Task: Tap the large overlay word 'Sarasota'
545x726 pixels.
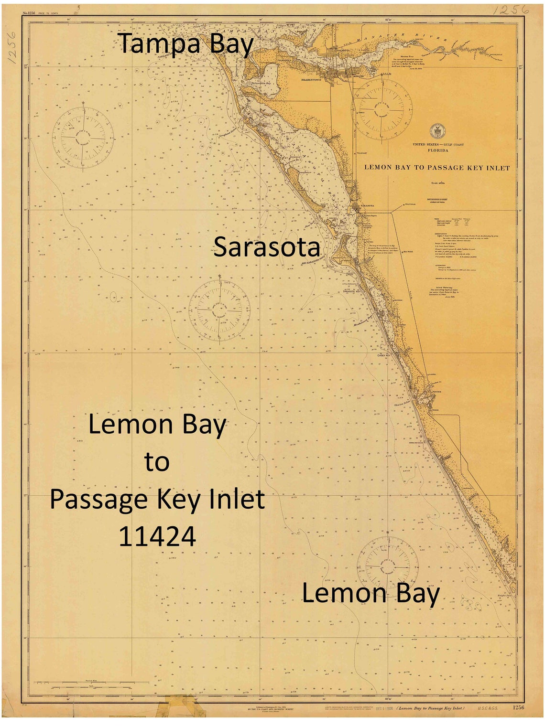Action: (x=266, y=247)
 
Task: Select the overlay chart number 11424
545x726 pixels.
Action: (x=157, y=536)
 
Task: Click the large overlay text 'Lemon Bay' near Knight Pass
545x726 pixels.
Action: (x=371, y=594)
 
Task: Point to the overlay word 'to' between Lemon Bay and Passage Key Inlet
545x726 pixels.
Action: (x=157, y=462)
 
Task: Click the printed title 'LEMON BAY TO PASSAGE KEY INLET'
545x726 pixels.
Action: (x=437, y=168)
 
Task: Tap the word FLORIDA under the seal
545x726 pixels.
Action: (x=438, y=150)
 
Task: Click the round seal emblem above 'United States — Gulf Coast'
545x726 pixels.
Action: (x=436, y=131)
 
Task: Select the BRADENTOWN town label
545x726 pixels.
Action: (x=311, y=80)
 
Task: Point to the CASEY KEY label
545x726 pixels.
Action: (x=384, y=355)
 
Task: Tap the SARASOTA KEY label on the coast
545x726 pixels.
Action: (x=351, y=291)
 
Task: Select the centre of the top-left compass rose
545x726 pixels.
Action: (x=83, y=138)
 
